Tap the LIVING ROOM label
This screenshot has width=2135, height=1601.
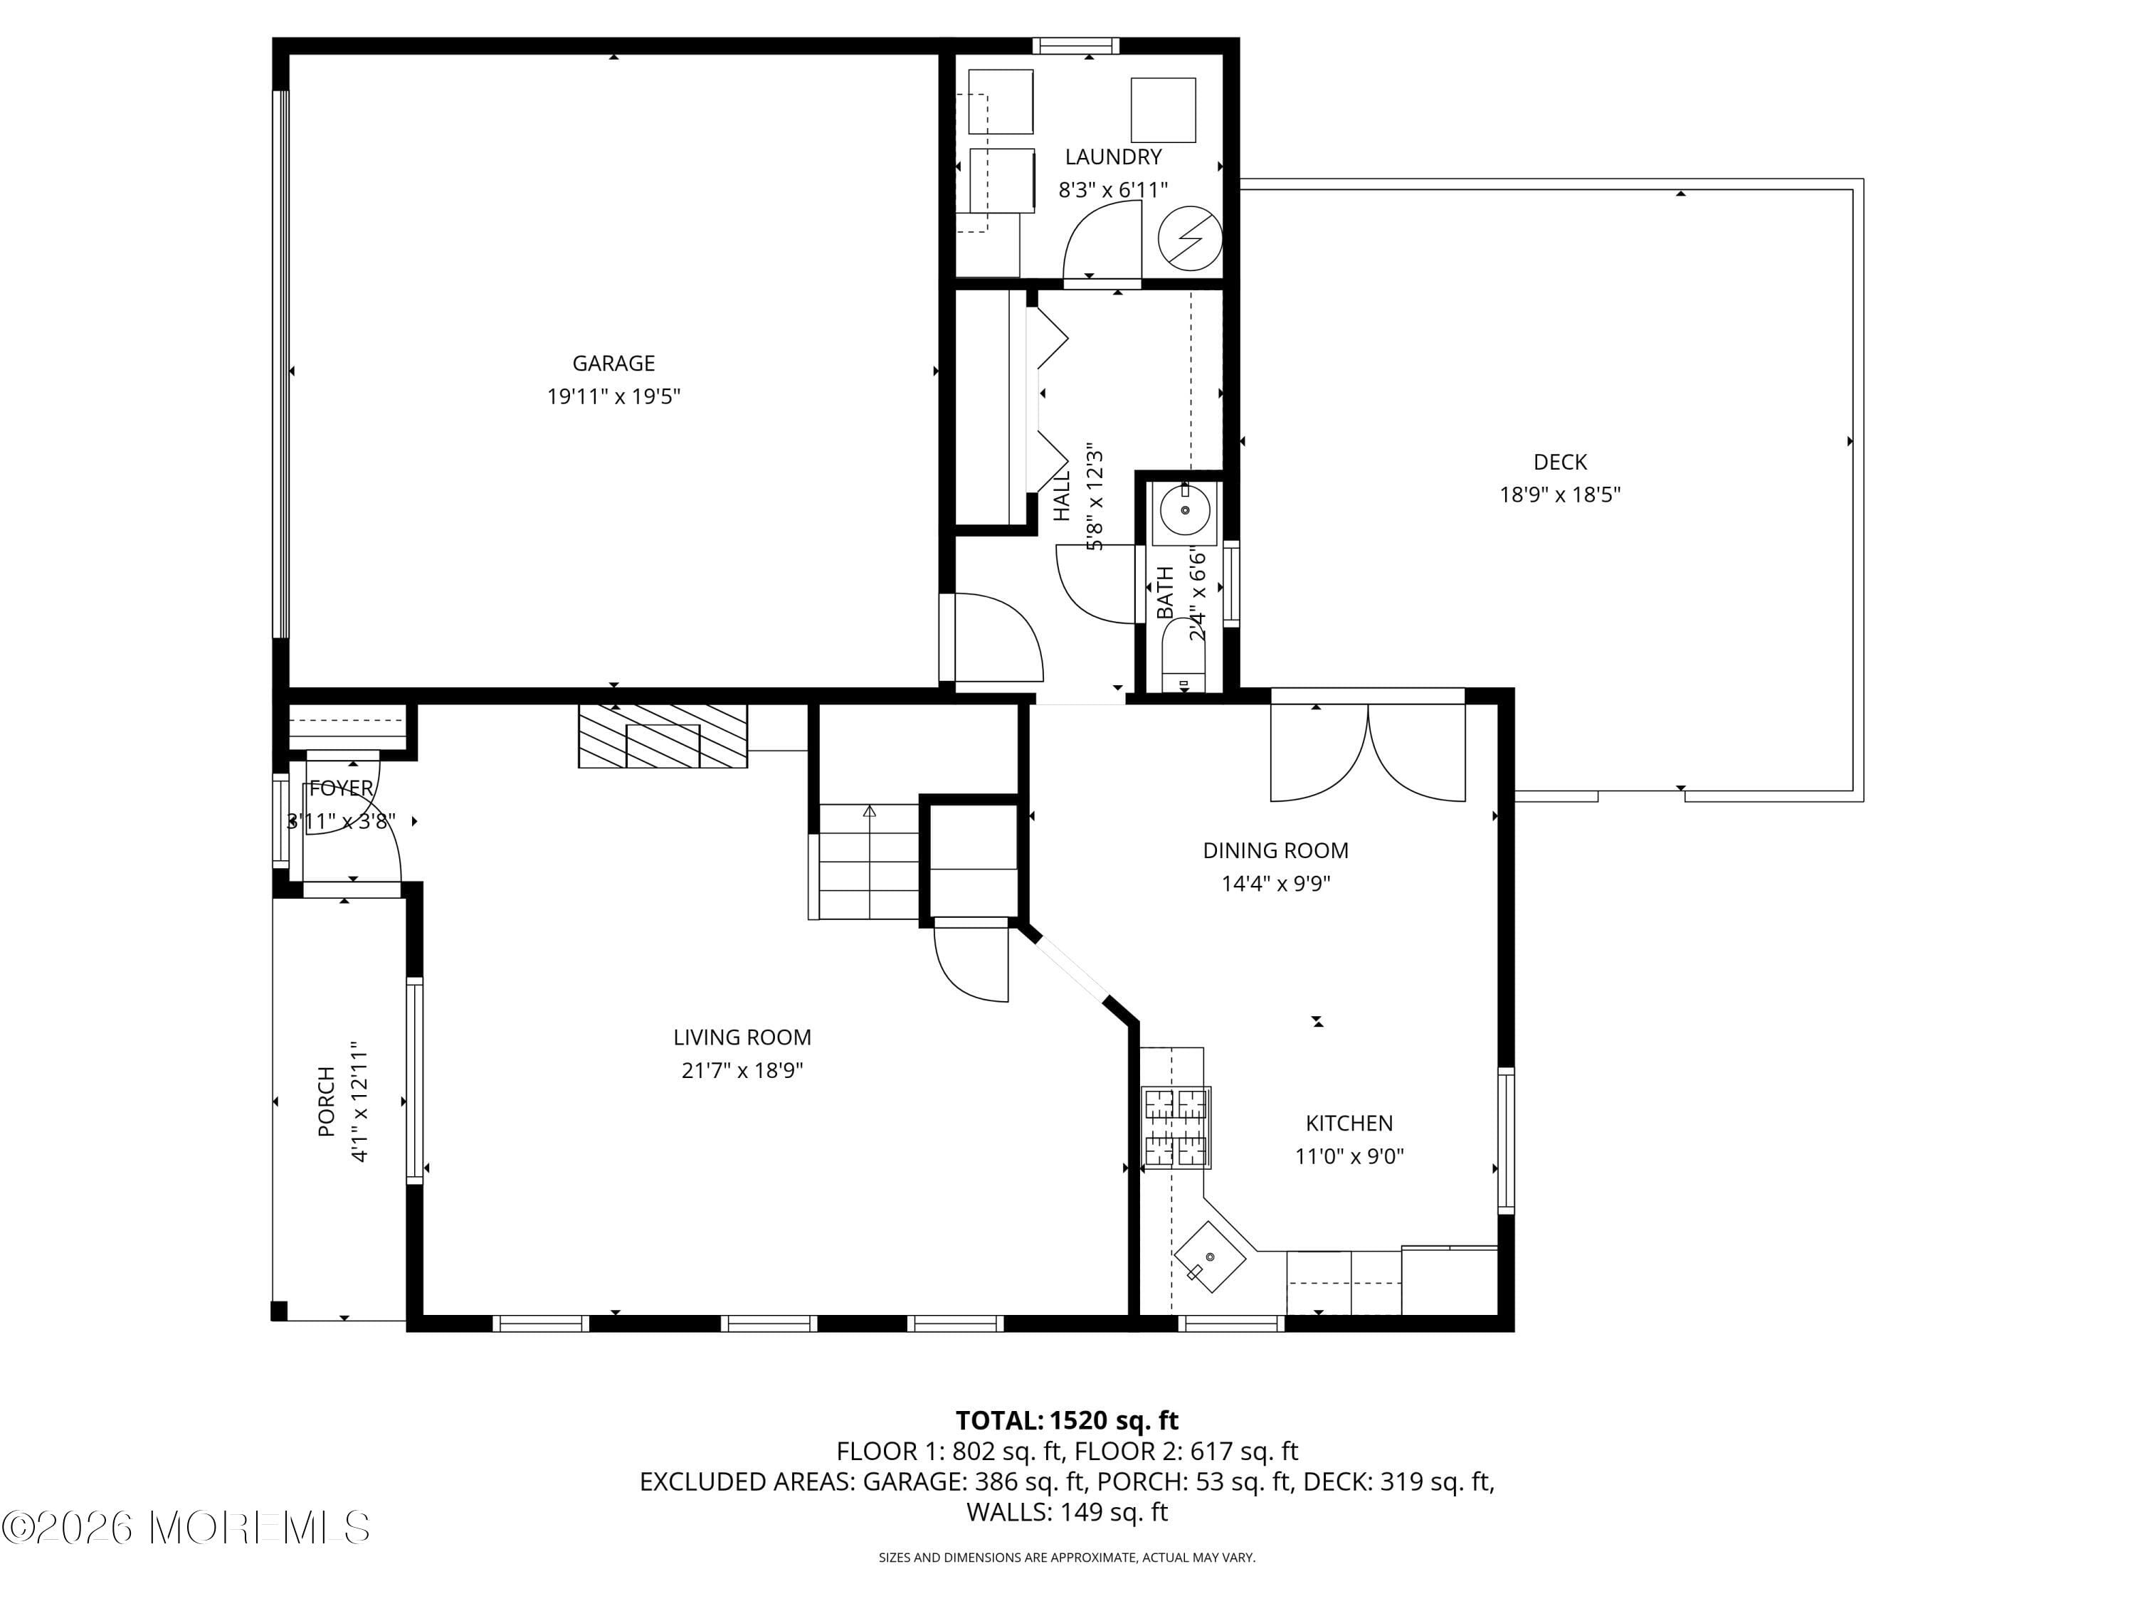(742, 1037)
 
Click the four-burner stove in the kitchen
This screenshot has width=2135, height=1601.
(1176, 1127)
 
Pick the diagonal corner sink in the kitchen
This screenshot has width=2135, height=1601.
(1208, 1257)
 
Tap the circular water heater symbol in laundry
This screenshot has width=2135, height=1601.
(1189, 238)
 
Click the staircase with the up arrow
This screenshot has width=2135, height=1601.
(867, 862)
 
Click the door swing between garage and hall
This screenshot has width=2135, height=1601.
(994, 639)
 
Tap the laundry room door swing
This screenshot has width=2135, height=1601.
(1098, 246)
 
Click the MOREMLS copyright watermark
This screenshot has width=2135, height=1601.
(185, 1528)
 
